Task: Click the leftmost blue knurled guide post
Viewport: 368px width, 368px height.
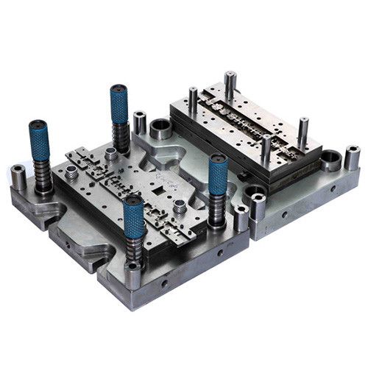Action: pos(39,141)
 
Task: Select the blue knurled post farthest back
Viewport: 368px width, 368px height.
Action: pos(119,103)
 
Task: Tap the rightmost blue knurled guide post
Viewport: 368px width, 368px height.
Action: pos(217,175)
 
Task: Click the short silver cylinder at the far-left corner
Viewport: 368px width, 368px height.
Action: pos(18,177)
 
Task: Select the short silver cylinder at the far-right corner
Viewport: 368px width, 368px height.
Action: pos(353,158)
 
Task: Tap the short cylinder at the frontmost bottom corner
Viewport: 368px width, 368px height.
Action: pos(133,274)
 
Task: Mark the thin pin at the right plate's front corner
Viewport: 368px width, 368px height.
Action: pos(265,149)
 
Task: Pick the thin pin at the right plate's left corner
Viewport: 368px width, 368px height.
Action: pos(193,100)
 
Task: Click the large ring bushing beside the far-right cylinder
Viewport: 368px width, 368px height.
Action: pos(330,160)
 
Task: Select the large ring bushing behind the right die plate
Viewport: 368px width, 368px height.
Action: pos(161,130)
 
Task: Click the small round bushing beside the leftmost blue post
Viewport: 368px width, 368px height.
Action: pos(71,174)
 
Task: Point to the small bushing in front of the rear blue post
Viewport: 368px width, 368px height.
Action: pos(110,154)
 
